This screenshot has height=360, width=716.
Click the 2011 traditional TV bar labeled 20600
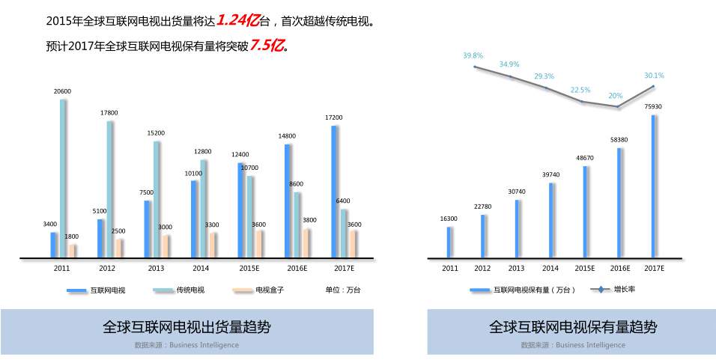coord(63,179)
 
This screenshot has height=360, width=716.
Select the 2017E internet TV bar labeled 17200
coord(334,192)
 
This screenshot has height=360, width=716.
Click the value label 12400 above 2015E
coord(240,154)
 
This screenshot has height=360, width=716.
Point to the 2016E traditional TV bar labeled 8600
coord(297,225)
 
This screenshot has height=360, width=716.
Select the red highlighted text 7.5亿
coord(267,45)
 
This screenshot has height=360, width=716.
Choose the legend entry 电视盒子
coord(270,290)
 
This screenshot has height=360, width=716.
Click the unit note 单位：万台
coord(343,290)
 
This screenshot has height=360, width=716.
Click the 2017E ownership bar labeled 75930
coord(654,187)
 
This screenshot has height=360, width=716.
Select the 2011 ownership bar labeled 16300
coord(449,242)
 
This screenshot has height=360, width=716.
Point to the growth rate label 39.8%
coord(473,55)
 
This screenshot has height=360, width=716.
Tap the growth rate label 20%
coord(616,96)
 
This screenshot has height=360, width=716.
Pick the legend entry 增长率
coord(625,289)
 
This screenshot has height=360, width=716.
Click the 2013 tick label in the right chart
coord(516,268)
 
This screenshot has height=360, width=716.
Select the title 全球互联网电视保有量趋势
coord(573,327)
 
